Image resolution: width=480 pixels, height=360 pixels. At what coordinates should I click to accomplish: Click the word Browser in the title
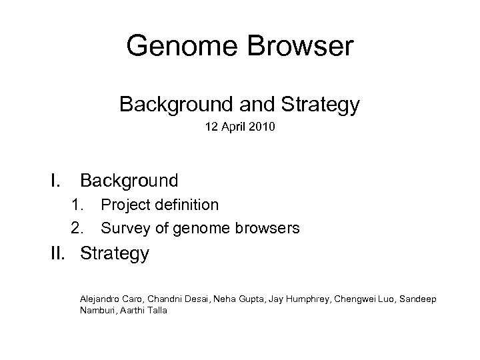[x=304, y=47]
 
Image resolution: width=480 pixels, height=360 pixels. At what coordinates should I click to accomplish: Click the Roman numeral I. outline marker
[x=55, y=181]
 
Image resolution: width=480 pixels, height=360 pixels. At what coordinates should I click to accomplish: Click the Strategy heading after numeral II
[x=115, y=254]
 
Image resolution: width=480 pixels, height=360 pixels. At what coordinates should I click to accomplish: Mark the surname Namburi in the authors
[x=96, y=311]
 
